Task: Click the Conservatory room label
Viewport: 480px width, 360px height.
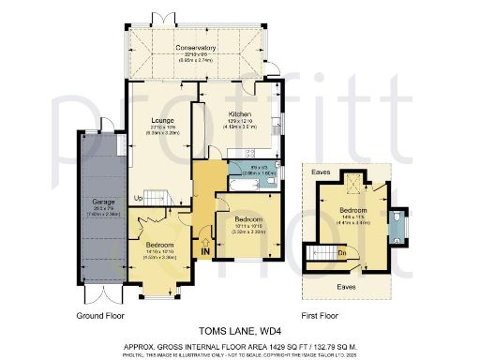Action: (195, 47)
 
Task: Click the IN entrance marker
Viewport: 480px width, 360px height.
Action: (204, 250)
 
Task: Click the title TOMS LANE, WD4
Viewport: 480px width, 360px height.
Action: (239, 331)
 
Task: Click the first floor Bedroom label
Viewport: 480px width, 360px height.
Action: (353, 212)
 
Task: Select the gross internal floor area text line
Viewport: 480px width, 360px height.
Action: (239, 345)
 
